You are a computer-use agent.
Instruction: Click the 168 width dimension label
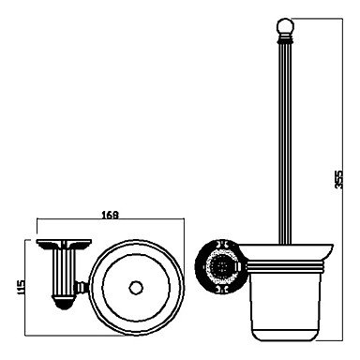(x=111, y=215)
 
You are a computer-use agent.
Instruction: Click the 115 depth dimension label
(x=21, y=289)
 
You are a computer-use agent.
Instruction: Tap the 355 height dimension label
(x=338, y=179)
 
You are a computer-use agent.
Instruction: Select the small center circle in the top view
(x=136, y=288)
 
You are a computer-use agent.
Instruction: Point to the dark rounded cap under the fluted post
(x=64, y=303)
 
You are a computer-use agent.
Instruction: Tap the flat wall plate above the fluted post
(x=64, y=243)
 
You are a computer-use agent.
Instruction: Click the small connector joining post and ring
(x=81, y=287)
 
